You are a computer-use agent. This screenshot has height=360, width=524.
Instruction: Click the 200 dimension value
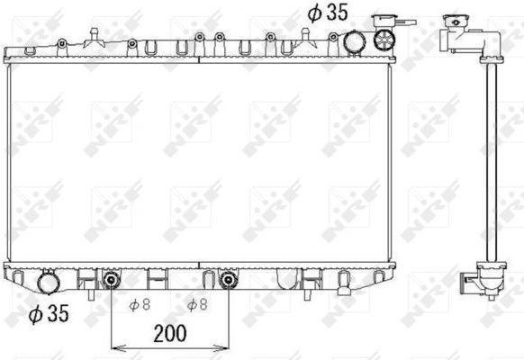(170, 333)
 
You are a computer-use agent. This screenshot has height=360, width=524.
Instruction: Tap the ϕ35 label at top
(328, 13)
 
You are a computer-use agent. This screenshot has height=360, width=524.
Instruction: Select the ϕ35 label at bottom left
(49, 313)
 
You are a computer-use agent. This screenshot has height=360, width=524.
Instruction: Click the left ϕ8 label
(140, 304)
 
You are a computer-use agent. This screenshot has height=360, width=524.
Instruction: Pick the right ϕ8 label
(197, 304)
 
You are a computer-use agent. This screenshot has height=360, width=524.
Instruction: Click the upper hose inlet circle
(355, 41)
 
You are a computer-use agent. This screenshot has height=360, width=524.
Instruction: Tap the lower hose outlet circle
(49, 283)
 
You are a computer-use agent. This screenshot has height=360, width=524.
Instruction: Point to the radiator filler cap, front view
(384, 40)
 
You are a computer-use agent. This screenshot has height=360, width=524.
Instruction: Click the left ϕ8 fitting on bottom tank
(111, 280)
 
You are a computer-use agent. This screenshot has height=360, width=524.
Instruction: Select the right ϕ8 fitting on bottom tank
(229, 280)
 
